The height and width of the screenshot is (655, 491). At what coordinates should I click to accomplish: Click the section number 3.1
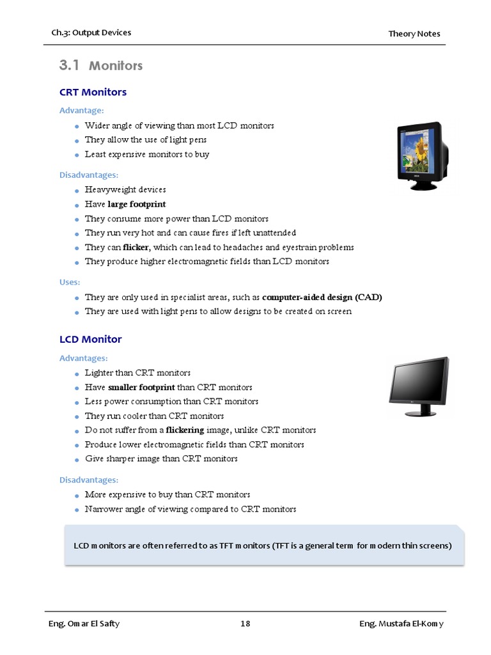[68, 65]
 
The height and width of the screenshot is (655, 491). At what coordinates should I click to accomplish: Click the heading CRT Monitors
[93, 92]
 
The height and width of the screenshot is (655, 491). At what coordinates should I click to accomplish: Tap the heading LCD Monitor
[90, 339]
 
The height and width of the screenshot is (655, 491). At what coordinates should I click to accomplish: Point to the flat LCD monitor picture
[419, 386]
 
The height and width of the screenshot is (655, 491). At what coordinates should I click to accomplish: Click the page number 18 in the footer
[245, 624]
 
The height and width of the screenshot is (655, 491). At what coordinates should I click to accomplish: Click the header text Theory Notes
[414, 33]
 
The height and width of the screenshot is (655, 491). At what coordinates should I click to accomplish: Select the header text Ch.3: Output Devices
[91, 33]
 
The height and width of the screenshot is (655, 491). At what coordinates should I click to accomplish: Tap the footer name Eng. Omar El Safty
[84, 624]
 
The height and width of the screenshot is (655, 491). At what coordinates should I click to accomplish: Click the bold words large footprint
[136, 204]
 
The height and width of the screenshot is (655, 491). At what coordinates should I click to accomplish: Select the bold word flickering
[185, 430]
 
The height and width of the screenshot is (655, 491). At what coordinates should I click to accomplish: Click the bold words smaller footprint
[141, 387]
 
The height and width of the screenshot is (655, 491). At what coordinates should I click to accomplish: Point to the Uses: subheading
[70, 282]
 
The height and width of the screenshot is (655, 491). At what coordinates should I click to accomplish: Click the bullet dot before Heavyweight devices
[76, 191]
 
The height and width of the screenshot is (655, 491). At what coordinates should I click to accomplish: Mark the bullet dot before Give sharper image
[76, 460]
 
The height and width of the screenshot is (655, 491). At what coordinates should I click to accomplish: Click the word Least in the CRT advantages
[95, 154]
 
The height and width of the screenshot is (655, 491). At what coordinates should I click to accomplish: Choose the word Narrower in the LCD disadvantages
[103, 509]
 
